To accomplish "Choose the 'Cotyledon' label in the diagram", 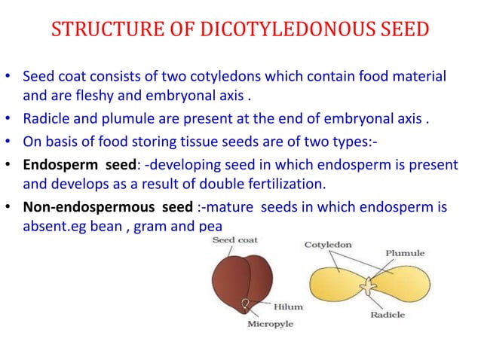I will (x=328, y=245).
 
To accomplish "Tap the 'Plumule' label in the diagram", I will (x=406, y=254).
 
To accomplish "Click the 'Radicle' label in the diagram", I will (x=388, y=315).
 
